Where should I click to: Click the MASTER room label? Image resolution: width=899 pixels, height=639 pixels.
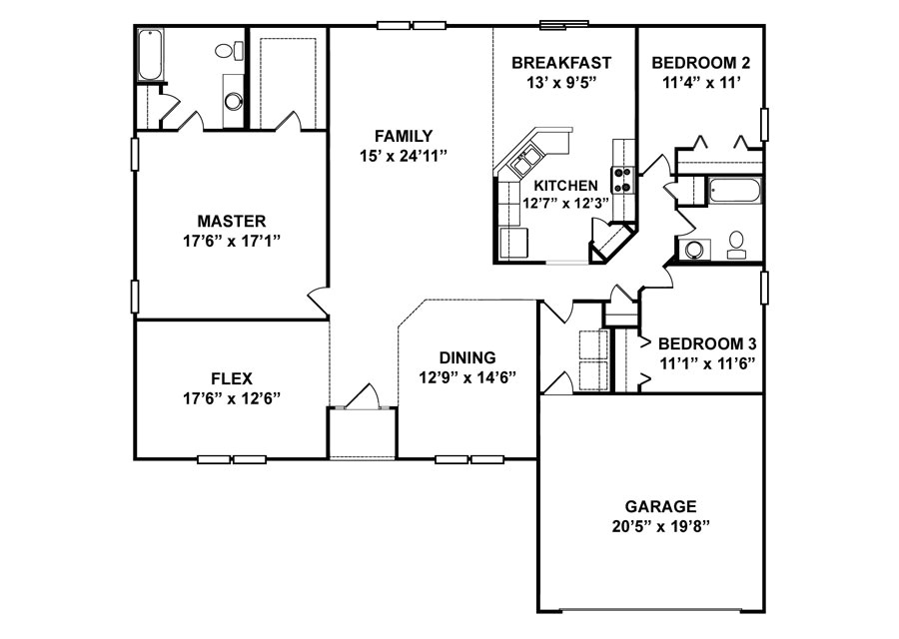[231, 221]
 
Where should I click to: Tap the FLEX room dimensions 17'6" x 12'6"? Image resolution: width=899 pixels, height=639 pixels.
[231, 397]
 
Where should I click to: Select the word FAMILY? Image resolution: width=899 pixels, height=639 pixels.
[403, 136]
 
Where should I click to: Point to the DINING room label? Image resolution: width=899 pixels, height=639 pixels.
[467, 357]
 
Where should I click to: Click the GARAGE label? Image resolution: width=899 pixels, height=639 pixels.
[660, 506]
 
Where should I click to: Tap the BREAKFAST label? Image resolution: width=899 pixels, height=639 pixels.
[560, 63]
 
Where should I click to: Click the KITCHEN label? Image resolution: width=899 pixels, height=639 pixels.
[565, 186]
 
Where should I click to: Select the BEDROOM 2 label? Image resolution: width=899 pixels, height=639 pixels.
[700, 63]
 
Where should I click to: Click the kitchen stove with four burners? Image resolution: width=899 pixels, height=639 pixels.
[622, 179]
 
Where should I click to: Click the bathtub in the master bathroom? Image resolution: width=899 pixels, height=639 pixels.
[150, 55]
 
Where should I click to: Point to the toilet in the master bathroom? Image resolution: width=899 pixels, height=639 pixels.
[224, 51]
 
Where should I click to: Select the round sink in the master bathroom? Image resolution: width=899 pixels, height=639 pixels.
[233, 100]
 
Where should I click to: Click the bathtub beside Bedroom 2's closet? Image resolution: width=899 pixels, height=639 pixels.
[734, 189]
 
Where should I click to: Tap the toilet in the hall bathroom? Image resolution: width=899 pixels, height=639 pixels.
[736, 241]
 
